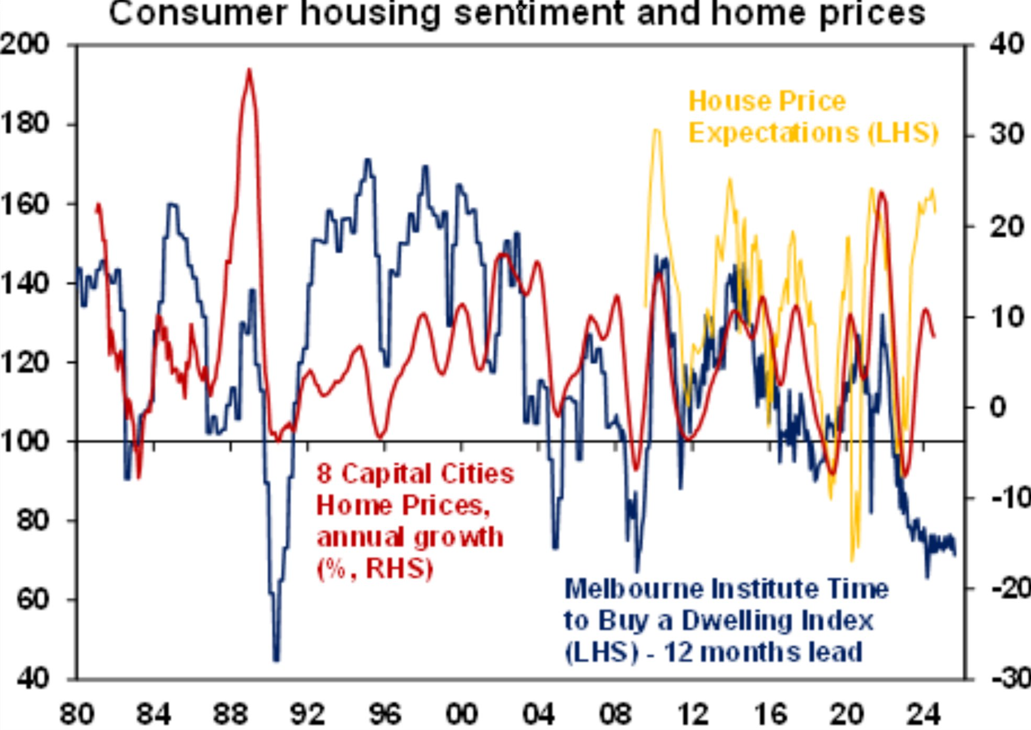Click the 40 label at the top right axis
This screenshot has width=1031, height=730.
(x=1006, y=44)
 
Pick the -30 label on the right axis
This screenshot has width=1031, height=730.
(x=1011, y=678)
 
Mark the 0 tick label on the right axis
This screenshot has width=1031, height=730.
(x=997, y=408)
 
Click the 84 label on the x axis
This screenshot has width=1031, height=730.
(x=153, y=714)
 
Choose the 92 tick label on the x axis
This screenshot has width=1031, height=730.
(x=307, y=714)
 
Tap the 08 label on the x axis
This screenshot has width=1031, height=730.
(x=615, y=714)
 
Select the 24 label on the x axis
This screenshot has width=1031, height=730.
(x=923, y=714)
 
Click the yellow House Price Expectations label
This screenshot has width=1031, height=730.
(x=812, y=117)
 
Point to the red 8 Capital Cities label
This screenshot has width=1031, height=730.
(x=415, y=474)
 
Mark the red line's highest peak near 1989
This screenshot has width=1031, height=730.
(x=249, y=71)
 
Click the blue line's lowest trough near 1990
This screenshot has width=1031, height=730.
(x=276, y=659)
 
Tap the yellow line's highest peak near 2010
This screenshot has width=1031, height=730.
(x=657, y=131)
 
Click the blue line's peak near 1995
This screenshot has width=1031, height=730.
(x=368, y=160)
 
